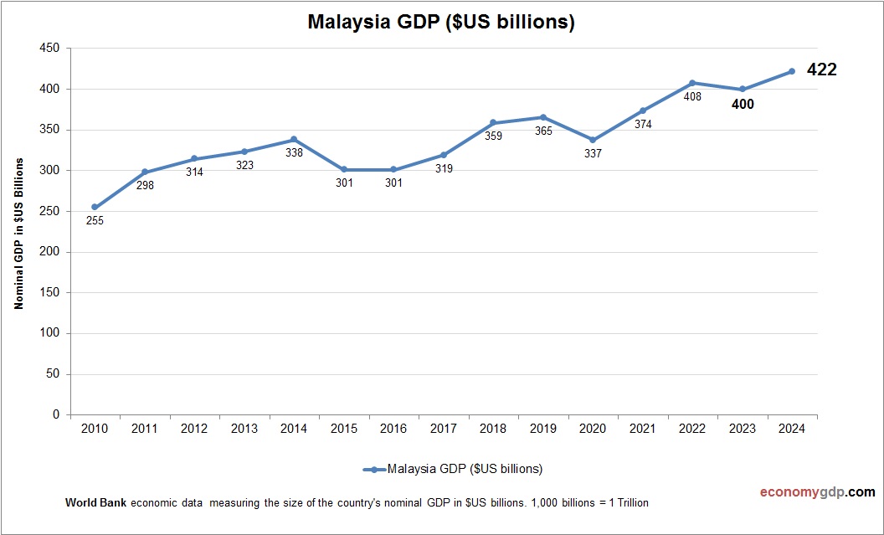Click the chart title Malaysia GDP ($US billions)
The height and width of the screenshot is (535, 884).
441,23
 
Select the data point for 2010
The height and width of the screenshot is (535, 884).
95,207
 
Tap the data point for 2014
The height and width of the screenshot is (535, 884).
294,140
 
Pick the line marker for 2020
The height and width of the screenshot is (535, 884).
593,141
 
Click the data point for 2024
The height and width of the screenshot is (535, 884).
791,71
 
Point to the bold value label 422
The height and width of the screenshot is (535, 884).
821,70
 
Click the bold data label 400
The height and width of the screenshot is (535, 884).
743,105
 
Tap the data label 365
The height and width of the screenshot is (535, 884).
543,131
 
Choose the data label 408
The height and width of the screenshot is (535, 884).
691,97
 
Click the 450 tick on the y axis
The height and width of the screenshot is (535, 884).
50,49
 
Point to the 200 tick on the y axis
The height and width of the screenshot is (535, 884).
50,252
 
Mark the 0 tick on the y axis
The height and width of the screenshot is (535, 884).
56,414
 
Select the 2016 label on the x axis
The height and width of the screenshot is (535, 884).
393,429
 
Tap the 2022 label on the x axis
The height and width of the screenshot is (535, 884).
691,429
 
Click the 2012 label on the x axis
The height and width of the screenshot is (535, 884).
194,429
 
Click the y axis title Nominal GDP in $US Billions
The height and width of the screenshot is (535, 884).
18,233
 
